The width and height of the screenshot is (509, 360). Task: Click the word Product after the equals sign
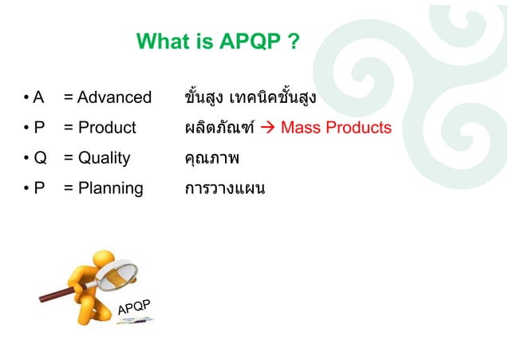point(107,129)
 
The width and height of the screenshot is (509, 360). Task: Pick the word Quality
point(105,158)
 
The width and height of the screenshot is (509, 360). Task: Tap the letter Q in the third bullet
point(39,158)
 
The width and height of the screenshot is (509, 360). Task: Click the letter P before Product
point(37,129)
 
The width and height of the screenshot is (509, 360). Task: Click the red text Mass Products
point(336,129)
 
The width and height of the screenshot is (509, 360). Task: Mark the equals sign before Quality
point(69,158)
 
